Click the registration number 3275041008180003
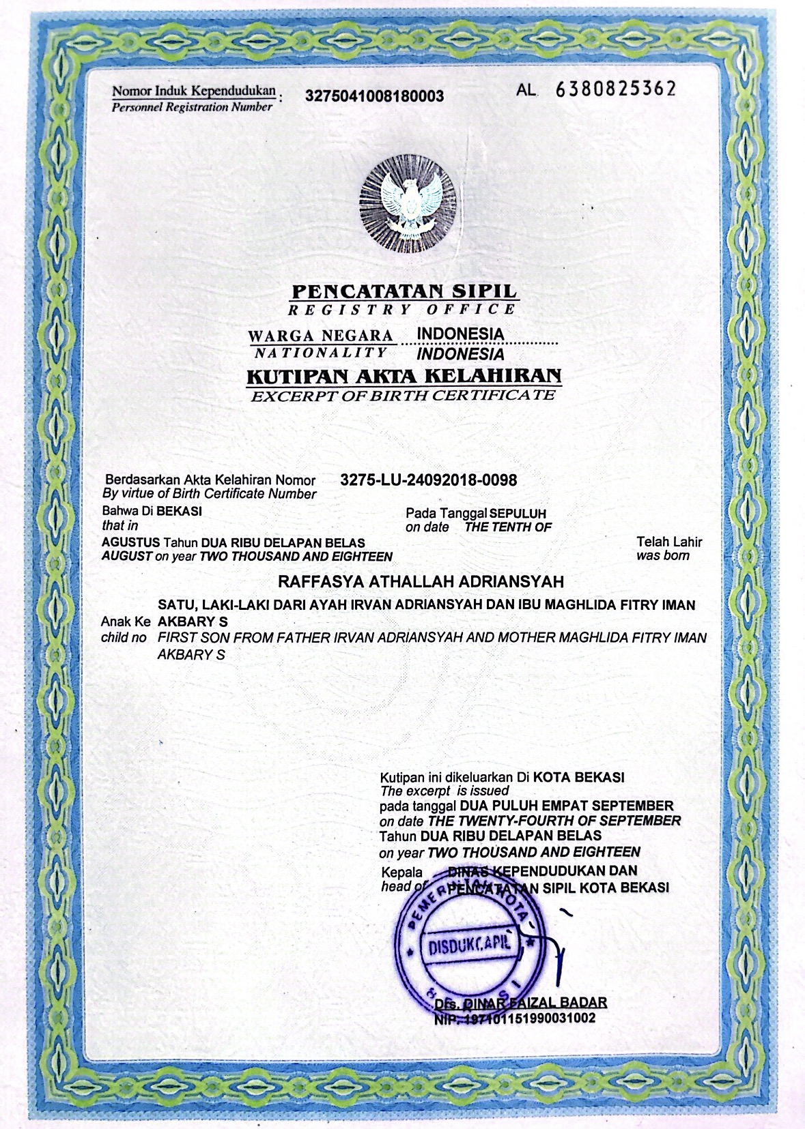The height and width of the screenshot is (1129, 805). (375, 96)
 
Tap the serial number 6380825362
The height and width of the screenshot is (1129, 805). (616, 89)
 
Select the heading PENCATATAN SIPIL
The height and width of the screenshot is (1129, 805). (404, 291)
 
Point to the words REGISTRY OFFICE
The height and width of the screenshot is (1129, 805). (401, 310)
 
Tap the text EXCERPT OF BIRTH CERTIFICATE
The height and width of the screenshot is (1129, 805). (403, 396)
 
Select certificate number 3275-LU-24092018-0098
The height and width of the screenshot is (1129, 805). (428, 480)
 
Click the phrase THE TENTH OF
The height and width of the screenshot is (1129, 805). (508, 527)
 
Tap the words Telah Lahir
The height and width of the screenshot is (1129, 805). (669, 542)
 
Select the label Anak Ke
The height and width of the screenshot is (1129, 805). (126, 621)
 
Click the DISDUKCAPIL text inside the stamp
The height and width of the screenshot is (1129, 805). (470, 947)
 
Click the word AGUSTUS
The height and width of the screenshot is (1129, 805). (130, 543)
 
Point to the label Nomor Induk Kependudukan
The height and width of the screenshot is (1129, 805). (194, 91)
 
